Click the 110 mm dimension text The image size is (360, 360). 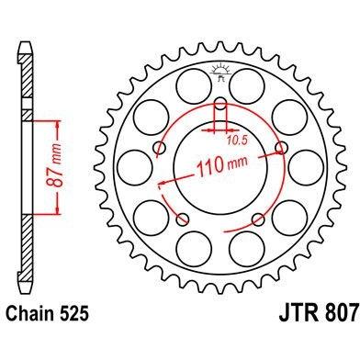tap(222, 166)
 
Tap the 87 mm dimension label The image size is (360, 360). tap(55, 165)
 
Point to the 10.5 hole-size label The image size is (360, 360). tap(237, 141)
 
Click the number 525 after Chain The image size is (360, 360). tap(73, 314)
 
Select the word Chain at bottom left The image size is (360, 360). tap(29, 314)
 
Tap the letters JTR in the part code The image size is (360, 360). tap(298, 312)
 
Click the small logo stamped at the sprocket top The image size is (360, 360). tap(220, 73)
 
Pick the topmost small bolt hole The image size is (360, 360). tap(220, 104)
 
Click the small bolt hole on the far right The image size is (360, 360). tap(281, 148)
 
